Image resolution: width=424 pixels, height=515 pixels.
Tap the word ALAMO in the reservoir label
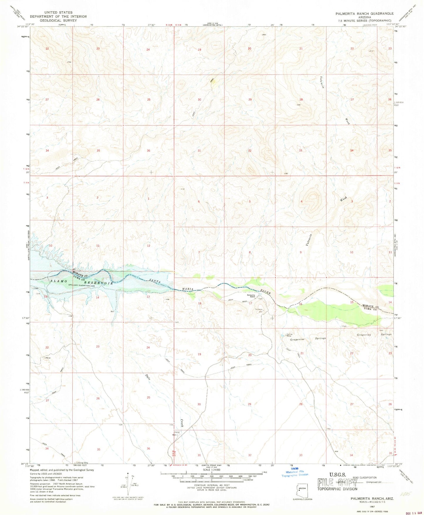click(56, 281)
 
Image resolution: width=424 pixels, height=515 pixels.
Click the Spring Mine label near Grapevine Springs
click(290, 335)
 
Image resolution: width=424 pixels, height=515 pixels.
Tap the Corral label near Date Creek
click(177, 432)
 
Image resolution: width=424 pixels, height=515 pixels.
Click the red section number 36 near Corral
click(148, 449)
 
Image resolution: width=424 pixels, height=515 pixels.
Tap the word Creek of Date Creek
click(182, 422)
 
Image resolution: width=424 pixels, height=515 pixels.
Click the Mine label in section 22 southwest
click(48, 358)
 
